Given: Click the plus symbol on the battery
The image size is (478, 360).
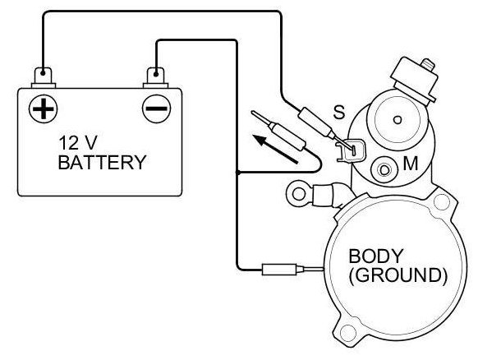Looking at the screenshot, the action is [x=43, y=108].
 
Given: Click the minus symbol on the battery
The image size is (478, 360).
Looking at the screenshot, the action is [x=156, y=108].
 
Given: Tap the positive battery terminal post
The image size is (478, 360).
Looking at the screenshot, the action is [x=43, y=76].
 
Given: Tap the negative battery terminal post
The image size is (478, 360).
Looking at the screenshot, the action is [x=156, y=76].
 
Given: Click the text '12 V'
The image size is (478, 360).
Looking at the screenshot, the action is [x=78, y=142].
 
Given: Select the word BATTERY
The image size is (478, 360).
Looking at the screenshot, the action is [x=102, y=162].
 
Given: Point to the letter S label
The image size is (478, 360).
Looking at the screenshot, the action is [x=338, y=112].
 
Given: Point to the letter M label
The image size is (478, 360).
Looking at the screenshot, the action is [x=411, y=164].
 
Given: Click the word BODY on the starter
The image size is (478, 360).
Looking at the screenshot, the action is [x=376, y=256].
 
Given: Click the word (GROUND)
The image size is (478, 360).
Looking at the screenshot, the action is [x=398, y=275].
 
